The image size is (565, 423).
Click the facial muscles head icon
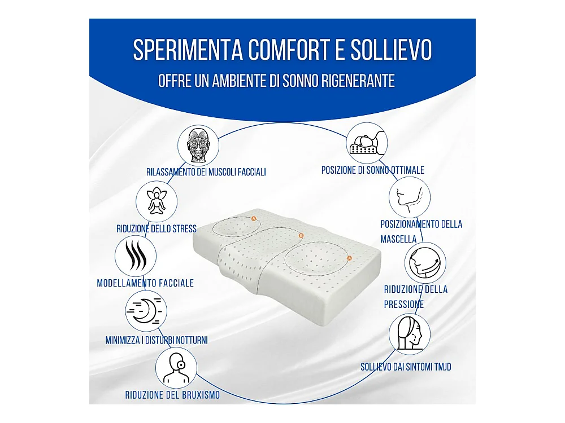point(198,145)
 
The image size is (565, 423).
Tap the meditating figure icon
point(157,201)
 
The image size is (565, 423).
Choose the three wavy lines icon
point(136,255)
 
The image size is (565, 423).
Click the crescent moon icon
point(146,311)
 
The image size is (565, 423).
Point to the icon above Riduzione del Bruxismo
point(176,368)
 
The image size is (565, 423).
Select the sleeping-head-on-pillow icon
point(367,143)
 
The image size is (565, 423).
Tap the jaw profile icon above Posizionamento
point(410,197)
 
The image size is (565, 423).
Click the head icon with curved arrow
point(425,262)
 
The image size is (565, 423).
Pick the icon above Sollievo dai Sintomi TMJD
point(409,333)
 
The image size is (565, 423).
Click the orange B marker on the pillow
point(301,236)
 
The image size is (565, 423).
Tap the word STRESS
point(185,229)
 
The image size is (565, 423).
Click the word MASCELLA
point(398,239)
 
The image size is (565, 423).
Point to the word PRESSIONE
point(404,305)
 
